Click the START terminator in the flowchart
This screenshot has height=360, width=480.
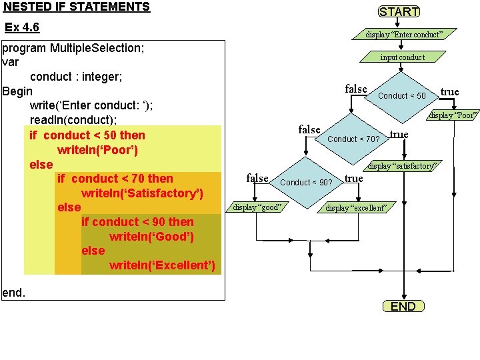coord(399,11)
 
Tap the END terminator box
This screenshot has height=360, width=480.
coord(403,306)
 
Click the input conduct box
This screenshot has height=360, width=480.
coord(403,57)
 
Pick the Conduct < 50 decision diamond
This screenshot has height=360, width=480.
coord(402,96)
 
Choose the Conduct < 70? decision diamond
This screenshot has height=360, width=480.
coord(354,139)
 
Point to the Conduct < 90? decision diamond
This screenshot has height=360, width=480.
coord(307,182)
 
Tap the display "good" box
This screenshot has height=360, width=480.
coord(257,207)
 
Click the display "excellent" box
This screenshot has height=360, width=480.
coord(356,207)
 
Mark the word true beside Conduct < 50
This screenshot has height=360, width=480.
coord(449,92)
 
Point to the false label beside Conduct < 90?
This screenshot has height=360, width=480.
coord(257,178)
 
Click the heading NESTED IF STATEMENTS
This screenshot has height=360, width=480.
coord(77,7)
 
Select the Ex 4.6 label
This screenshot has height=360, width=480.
coord(22,27)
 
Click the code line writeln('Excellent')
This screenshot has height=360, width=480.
coord(162,265)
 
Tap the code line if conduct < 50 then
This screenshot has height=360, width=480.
coord(87,135)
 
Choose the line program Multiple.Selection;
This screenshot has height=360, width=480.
coord(74,48)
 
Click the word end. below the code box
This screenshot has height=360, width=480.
coord(14,292)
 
